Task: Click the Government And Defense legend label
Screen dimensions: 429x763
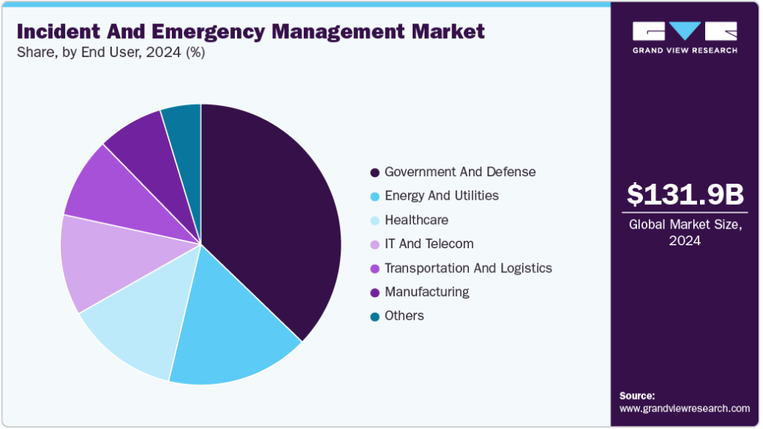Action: (x=460, y=172)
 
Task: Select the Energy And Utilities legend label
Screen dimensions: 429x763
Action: (x=441, y=196)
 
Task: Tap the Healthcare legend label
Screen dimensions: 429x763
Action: (x=416, y=220)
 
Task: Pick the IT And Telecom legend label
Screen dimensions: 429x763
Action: (x=428, y=244)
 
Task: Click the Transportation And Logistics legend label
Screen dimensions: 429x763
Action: (x=468, y=268)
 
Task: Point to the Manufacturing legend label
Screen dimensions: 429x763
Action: (x=427, y=292)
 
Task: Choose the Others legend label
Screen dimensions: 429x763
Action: (x=404, y=316)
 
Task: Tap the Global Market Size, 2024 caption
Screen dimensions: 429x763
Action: (x=685, y=232)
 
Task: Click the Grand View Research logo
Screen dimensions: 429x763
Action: (x=685, y=37)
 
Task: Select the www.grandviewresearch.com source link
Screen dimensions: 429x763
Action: (x=684, y=409)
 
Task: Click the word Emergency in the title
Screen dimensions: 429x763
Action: (x=196, y=31)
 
